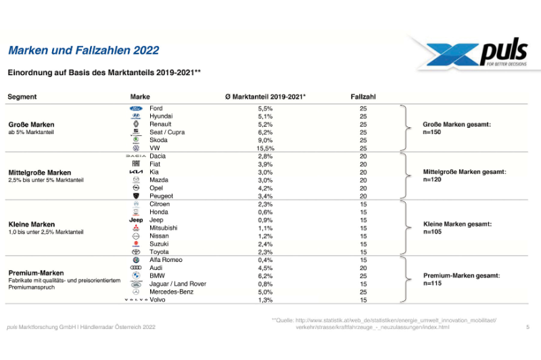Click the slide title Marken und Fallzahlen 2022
point(83,50)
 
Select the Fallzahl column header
point(363,97)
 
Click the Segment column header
point(22,97)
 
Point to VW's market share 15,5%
point(266,148)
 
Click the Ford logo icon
point(135,108)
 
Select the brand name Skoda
point(158,140)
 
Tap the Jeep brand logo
point(135,220)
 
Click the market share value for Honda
point(265,212)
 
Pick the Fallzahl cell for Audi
point(363,268)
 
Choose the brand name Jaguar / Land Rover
point(178,284)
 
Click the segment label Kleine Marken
point(31,224)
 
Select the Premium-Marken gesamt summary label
point(461,276)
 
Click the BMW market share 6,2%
point(265,276)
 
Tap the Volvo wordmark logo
point(135,300)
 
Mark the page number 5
point(527,328)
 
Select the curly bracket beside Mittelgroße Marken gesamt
point(404,176)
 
